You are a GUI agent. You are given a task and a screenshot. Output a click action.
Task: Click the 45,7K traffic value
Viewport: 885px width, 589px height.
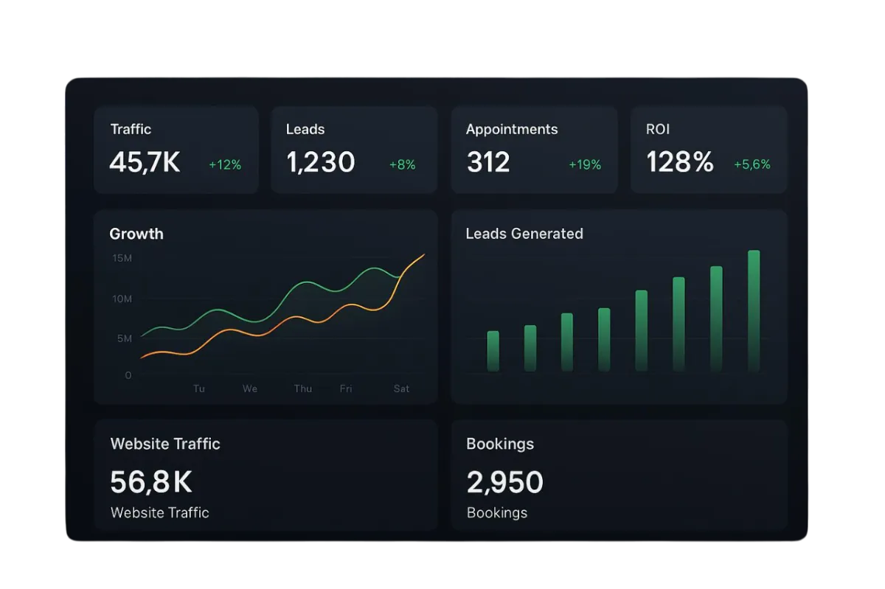145,162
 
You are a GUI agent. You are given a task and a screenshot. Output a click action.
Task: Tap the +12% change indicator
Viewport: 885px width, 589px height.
225,165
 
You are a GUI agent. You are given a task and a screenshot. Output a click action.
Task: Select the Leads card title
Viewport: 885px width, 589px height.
305,129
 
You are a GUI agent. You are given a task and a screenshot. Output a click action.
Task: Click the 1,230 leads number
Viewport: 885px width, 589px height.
321,162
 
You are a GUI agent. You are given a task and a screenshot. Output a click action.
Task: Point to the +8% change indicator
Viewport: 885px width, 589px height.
403,165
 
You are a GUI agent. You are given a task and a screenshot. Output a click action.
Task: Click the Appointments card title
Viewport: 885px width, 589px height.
512,129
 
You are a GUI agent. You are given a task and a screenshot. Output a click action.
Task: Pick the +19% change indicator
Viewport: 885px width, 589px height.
585,165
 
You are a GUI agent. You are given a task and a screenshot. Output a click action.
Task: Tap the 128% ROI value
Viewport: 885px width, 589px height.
680,162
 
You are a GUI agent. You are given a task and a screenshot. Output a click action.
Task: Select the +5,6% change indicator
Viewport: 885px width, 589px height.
752,165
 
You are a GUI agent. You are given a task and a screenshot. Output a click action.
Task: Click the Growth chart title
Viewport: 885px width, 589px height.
136,234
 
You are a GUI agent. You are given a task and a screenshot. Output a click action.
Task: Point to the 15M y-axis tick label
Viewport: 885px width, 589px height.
122,258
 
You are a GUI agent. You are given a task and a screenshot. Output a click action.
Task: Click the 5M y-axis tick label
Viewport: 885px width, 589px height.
125,338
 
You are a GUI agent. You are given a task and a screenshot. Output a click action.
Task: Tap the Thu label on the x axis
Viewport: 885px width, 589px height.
303,388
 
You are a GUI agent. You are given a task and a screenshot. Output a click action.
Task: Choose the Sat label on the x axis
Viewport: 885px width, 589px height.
401,388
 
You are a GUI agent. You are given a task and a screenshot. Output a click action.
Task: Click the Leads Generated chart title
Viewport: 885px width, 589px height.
524,234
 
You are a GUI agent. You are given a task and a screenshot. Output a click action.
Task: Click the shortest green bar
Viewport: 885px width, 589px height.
493,351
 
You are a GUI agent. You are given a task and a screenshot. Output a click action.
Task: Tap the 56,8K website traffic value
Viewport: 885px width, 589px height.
151,482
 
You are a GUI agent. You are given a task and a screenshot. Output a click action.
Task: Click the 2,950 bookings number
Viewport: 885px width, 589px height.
505,482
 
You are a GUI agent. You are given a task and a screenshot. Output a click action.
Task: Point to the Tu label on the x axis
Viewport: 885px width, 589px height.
199,388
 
